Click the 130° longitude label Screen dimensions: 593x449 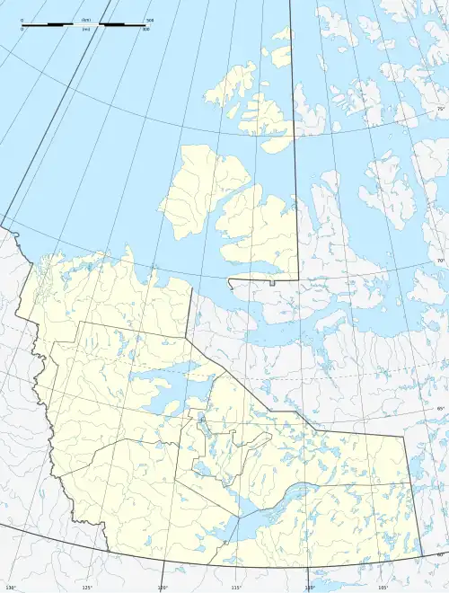click(11, 588)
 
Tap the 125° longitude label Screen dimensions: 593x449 click(88, 588)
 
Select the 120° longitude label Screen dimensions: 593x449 click(163, 588)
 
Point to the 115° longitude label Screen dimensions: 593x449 click(236, 588)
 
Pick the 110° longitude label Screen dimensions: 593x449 click(310, 588)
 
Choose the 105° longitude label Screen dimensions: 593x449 click(383, 588)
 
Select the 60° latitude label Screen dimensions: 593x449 click(441, 553)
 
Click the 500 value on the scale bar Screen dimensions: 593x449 click(150, 19)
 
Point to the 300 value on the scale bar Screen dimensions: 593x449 click(146, 30)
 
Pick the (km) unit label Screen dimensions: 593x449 click(86, 19)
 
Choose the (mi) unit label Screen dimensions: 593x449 click(86, 30)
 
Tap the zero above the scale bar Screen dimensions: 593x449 click(22, 19)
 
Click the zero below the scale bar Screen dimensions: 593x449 click(22, 30)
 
